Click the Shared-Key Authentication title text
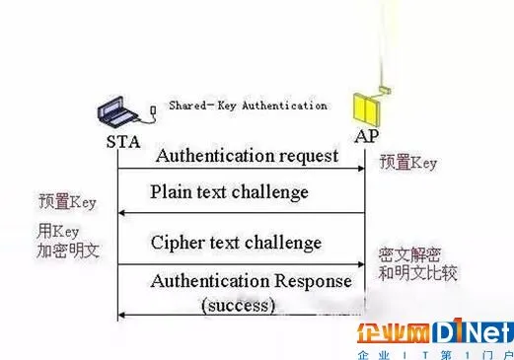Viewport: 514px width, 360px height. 248,106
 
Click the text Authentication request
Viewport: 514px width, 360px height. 247,155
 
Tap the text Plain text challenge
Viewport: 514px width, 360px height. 229,191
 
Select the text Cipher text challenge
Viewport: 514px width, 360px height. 236,242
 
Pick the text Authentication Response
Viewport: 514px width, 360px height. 251,281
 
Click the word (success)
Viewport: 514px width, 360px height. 238,305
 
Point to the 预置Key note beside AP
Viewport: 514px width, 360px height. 408,163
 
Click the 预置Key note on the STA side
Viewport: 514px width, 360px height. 68,202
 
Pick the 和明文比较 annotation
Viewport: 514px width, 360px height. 418,273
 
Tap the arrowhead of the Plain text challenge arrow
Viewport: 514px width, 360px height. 121,212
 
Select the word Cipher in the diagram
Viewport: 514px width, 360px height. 180,242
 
